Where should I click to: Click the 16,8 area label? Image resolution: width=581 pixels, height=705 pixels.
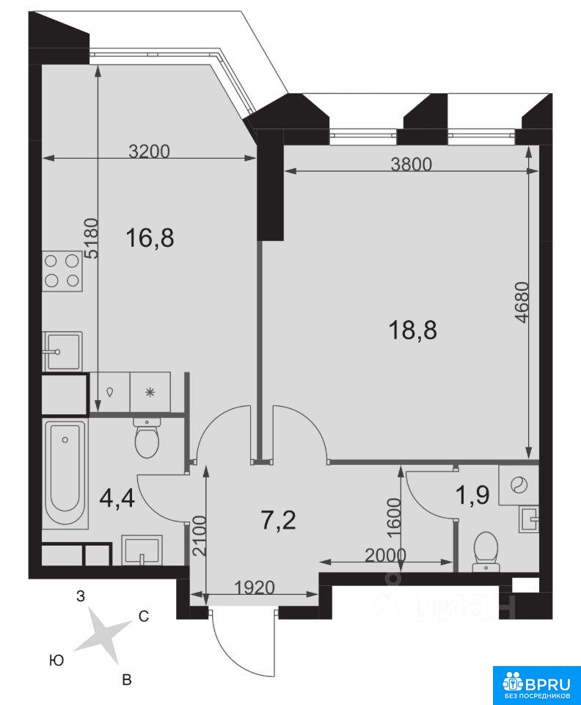150,237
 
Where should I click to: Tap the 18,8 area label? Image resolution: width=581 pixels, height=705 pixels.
412,330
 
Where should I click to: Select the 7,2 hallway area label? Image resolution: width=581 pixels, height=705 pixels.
279,521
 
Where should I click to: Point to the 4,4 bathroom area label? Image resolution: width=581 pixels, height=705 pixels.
117,498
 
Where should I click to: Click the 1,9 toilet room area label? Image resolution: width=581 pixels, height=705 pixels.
472,496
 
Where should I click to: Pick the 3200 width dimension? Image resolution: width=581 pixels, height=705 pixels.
150,151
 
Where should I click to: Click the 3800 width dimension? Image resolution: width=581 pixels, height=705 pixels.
412,164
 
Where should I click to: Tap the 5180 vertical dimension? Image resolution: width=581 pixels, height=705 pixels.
91,238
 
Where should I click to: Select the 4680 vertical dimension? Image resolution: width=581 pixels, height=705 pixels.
522,303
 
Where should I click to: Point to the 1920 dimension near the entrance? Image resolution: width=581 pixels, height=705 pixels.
254,587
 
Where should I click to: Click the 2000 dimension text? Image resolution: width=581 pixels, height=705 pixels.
385,556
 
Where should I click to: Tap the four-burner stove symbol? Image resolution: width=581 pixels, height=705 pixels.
62,271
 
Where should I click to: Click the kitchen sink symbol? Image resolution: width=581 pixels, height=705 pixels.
62,352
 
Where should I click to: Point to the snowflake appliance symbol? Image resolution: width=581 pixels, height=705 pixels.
150,392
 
